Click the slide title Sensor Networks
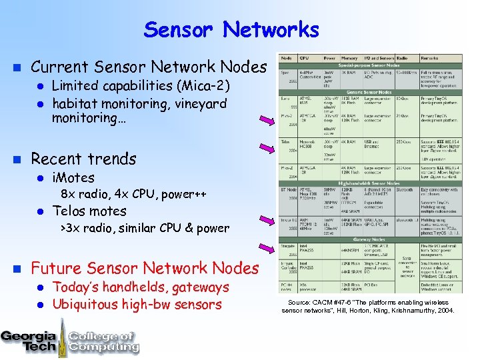[x=231, y=30]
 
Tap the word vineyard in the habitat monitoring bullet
[x=197, y=104]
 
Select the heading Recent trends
[x=83, y=159]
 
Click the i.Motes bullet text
[x=73, y=178]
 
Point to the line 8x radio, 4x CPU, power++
[x=133, y=195]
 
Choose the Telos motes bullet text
[x=89, y=211]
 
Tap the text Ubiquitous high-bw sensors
[x=137, y=305]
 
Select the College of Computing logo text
[x=103, y=340]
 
